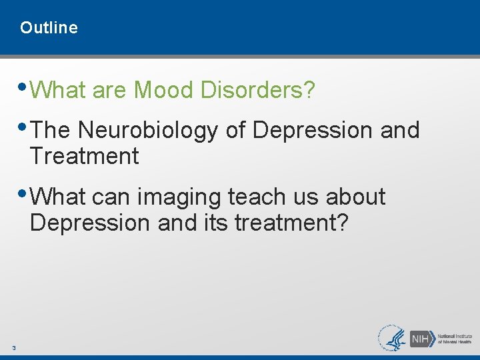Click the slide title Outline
point(49,28)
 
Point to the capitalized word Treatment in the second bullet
point(84,157)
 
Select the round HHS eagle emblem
point(392,338)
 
